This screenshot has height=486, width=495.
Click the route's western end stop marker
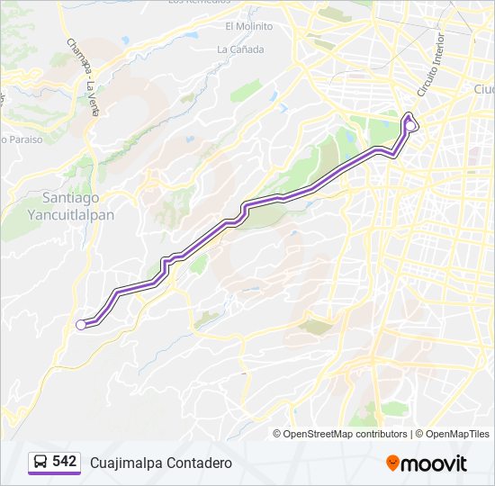81,325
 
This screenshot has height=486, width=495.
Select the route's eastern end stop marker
410,126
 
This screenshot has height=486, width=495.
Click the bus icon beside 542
40,463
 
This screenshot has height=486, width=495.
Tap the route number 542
64,462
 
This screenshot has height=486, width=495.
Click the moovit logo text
434,463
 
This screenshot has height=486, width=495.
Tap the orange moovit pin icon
392,463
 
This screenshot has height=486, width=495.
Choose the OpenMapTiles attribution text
456,434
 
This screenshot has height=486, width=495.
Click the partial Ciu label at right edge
484,89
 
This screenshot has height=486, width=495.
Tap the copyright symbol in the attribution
277,434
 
